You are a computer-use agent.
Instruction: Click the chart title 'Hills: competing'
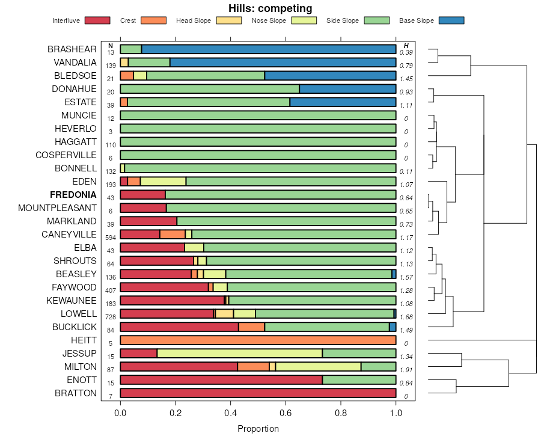(x=270, y=8)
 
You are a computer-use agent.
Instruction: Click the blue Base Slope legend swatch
(x=451, y=20)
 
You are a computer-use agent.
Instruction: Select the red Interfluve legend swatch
(x=97, y=20)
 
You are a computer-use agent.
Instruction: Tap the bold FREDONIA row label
(x=73, y=195)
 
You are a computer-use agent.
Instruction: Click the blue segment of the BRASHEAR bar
(x=269, y=49)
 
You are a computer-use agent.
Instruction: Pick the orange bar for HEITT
(x=258, y=340)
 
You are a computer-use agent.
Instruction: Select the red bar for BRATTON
(x=258, y=393)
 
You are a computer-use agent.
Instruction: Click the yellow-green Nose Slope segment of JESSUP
(x=239, y=354)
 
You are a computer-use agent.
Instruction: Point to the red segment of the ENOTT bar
(x=221, y=380)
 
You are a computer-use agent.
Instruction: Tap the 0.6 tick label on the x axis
(x=286, y=413)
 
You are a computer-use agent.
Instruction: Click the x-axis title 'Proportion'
(x=258, y=429)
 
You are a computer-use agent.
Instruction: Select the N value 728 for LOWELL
(x=110, y=317)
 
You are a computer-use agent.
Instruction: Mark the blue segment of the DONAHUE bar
(x=347, y=89)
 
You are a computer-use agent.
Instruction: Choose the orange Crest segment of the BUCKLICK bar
(x=251, y=327)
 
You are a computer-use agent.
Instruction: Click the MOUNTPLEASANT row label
(x=57, y=208)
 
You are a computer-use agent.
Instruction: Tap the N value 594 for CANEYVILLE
(x=110, y=238)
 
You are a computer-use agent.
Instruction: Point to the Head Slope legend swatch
(x=228, y=20)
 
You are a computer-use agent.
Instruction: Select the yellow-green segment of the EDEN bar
(x=163, y=182)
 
